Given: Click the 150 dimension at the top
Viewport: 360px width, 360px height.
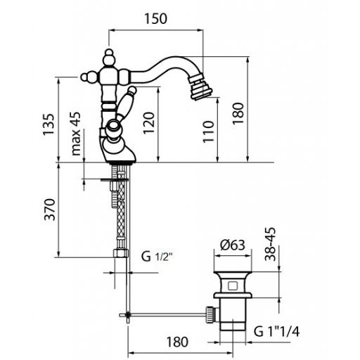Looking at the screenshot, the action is click(155, 19).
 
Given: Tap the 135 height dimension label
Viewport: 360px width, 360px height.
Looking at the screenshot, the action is click(49, 124).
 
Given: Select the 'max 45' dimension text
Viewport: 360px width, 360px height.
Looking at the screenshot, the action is click(76, 134).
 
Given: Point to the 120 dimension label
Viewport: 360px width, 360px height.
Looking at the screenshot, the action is click(149, 123).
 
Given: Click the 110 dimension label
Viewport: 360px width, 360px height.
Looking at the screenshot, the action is click(208, 131).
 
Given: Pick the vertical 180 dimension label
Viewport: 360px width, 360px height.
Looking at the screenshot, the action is click(238, 114).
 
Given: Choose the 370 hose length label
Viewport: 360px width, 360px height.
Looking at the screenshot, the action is click(50, 210).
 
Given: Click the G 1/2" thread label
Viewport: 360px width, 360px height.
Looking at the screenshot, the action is click(157, 257).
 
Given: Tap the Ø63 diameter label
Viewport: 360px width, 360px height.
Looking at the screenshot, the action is click(233, 245).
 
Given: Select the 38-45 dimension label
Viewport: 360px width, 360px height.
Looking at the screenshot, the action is click(270, 244).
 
